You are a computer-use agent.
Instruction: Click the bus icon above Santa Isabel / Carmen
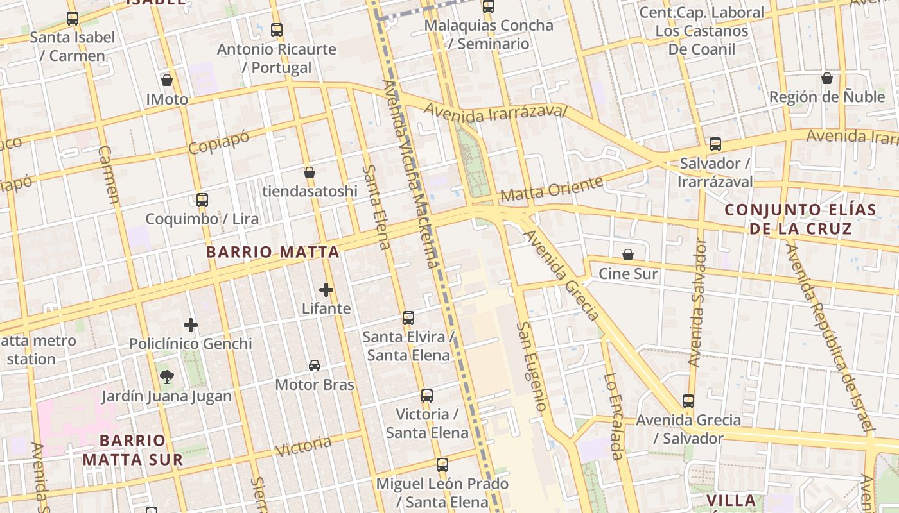pos(73,19)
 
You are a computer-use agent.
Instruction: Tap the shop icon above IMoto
pos(167,80)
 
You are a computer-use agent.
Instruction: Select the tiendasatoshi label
pos(310,191)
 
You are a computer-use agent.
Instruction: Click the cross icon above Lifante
pos(326,290)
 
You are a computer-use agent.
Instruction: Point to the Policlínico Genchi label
pos(191,344)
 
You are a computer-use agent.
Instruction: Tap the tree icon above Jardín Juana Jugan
pos(167,376)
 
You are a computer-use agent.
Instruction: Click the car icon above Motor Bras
pos(315,366)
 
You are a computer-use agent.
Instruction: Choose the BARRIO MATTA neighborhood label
pos(273,252)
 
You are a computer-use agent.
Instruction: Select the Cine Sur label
pos(628,274)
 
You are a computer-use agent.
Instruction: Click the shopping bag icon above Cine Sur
pos(628,255)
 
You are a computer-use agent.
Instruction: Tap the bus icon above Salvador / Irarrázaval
pos(715,144)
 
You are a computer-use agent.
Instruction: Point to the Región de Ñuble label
pos(827,97)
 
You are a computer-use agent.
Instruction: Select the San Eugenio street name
pos(532,366)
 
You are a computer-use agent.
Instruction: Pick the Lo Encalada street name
pos(614,417)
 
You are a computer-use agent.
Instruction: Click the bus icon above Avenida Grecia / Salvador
pos(688,401)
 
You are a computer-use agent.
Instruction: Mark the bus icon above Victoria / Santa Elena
pos(427,396)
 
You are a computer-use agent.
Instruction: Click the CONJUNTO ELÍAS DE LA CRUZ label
pos(800,219)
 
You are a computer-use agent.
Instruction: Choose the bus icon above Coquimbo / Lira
pos(202,200)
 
